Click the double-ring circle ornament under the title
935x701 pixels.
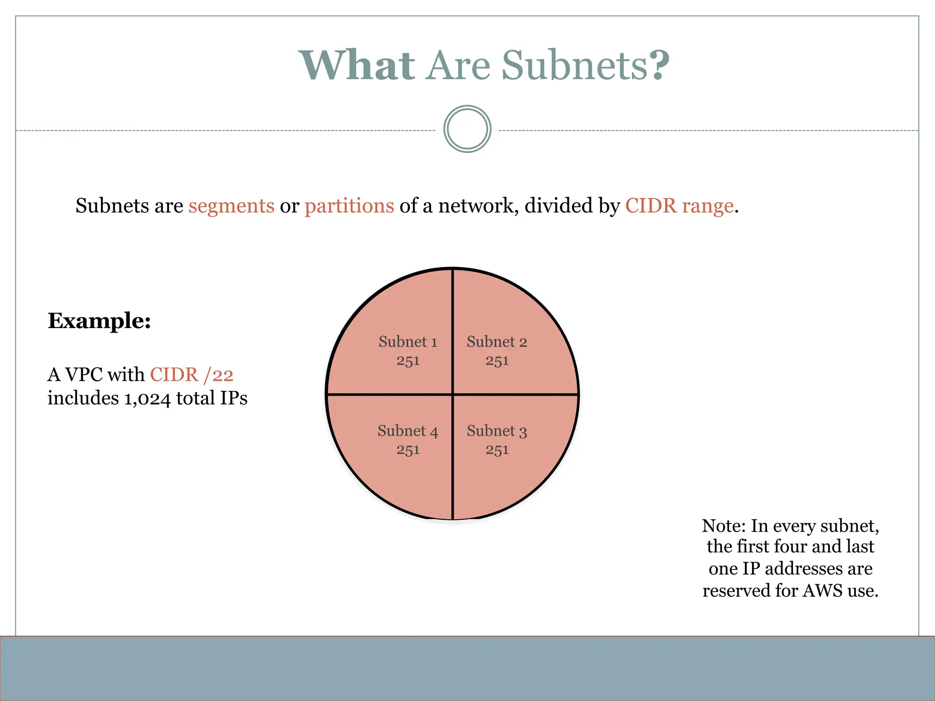[x=467, y=129]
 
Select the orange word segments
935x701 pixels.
[x=231, y=206]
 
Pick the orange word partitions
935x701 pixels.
[x=349, y=206]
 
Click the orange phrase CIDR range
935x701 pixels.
[x=679, y=206]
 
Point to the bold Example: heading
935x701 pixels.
[x=99, y=321]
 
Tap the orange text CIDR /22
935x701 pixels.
[x=192, y=375]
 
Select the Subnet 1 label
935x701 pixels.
[x=408, y=342]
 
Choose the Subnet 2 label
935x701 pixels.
[x=497, y=342]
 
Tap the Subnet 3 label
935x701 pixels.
[x=497, y=431]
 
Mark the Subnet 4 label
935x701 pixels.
[x=408, y=431]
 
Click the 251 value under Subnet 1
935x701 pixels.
[x=408, y=361]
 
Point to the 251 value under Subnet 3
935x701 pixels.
[x=497, y=450]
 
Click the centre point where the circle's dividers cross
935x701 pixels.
[x=452, y=394]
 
